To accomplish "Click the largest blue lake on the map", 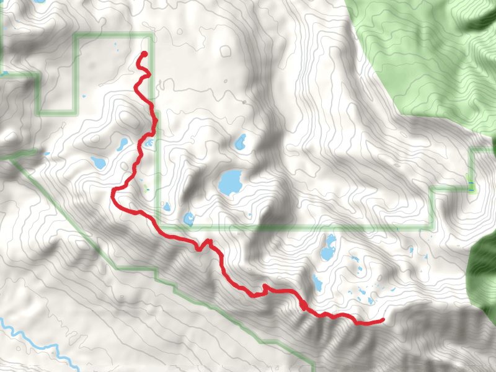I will point(229,182).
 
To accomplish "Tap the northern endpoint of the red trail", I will point(145,53).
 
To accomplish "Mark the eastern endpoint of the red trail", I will point(383,320).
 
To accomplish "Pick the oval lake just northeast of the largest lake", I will point(240,143).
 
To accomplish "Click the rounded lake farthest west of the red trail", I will point(98,163).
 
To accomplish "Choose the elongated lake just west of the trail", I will point(122,144).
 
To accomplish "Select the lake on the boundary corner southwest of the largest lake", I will point(188,218).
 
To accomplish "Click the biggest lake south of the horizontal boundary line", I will point(327,251).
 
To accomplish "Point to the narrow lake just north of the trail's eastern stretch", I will point(317,283).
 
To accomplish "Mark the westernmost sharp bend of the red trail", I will point(113,194).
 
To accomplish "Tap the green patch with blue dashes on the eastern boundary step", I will point(470,182).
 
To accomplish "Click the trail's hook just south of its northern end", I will point(148,75).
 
